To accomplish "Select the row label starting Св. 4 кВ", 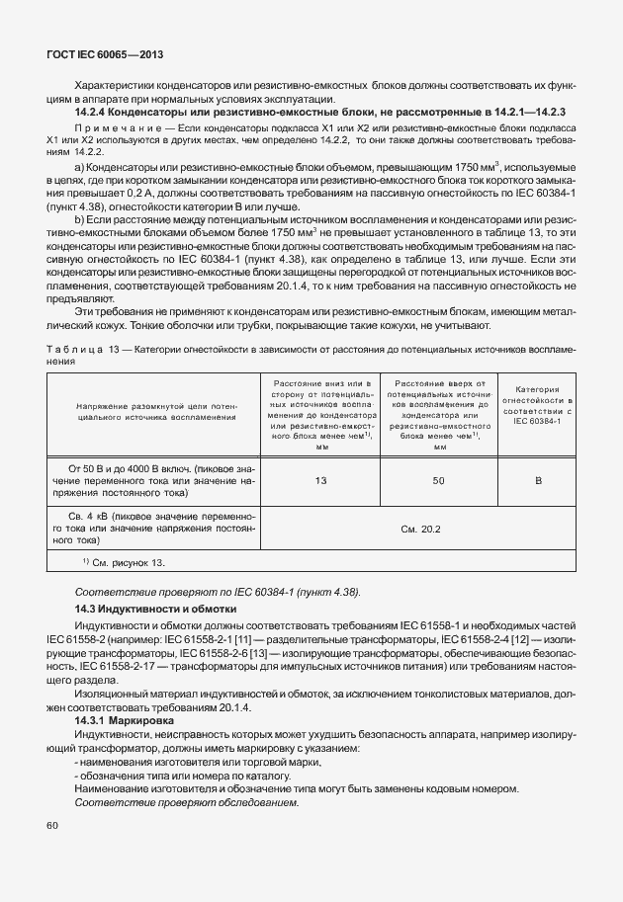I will [160, 529].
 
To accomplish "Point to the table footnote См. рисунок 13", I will [123, 562].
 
